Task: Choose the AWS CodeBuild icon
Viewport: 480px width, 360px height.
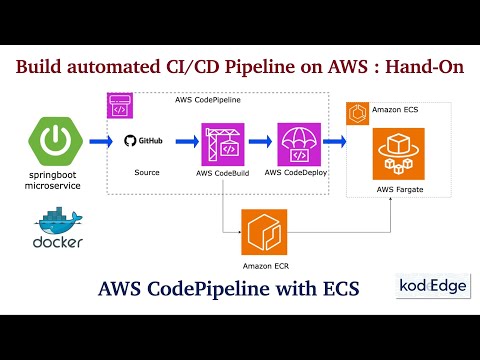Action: (222, 144)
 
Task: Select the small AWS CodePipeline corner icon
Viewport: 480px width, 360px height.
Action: (119, 105)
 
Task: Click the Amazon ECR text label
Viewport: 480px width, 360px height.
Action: (264, 266)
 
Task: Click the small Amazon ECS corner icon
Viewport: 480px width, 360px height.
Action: (356, 113)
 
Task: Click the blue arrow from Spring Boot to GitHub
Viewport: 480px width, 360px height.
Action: (98, 142)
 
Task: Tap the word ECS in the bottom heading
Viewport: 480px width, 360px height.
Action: (335, 289)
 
